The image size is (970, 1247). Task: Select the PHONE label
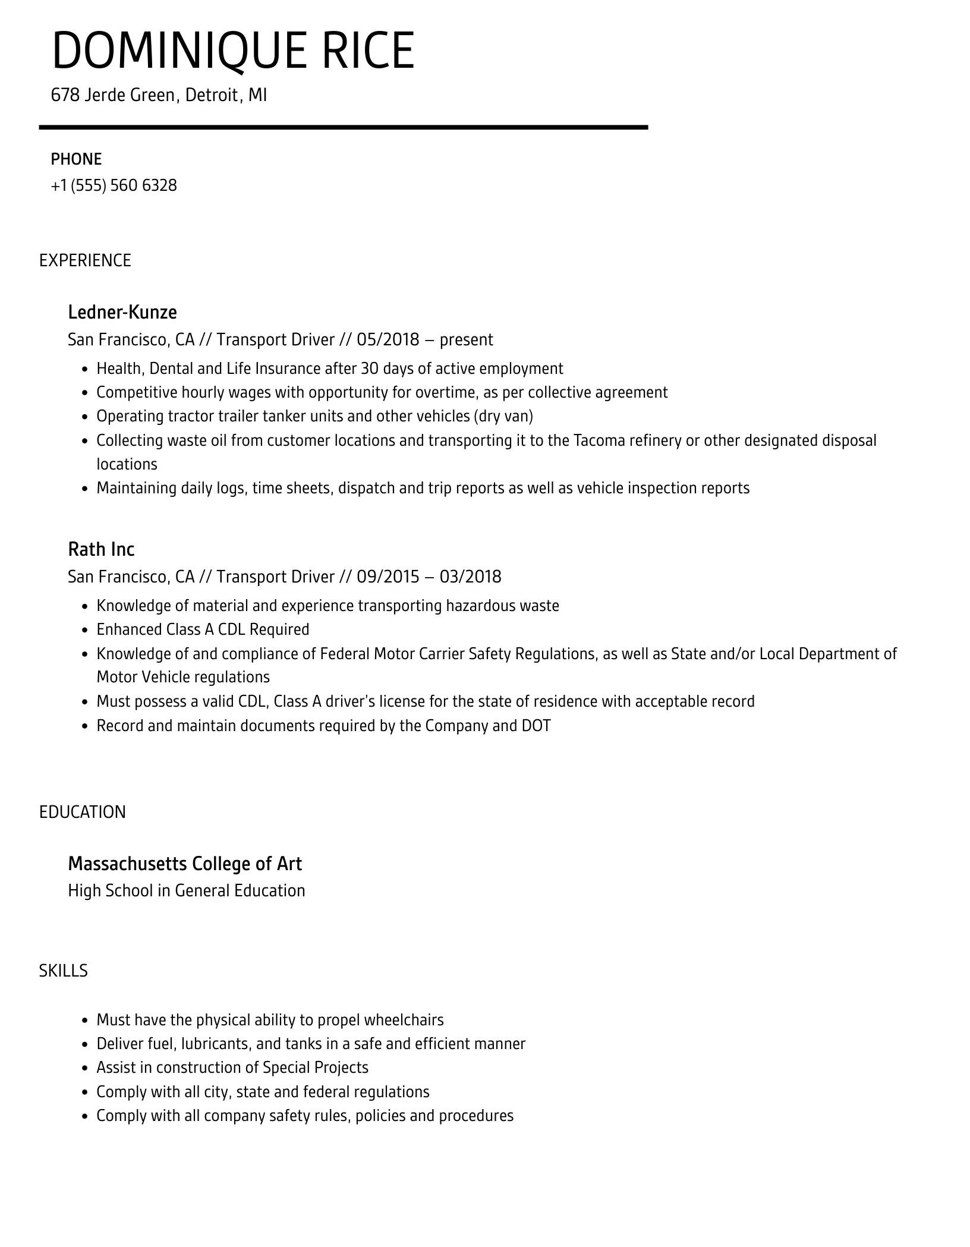[76, 159]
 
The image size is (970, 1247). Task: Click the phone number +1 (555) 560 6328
[114, 185]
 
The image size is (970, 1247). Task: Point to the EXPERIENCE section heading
[85, 260]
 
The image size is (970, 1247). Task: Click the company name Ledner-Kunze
[122, 312]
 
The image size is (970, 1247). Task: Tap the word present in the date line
[466, 340]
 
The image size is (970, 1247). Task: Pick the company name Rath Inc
[101, 549]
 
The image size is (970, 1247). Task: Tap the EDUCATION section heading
[83, 812]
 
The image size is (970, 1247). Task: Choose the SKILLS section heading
[64, 971]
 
